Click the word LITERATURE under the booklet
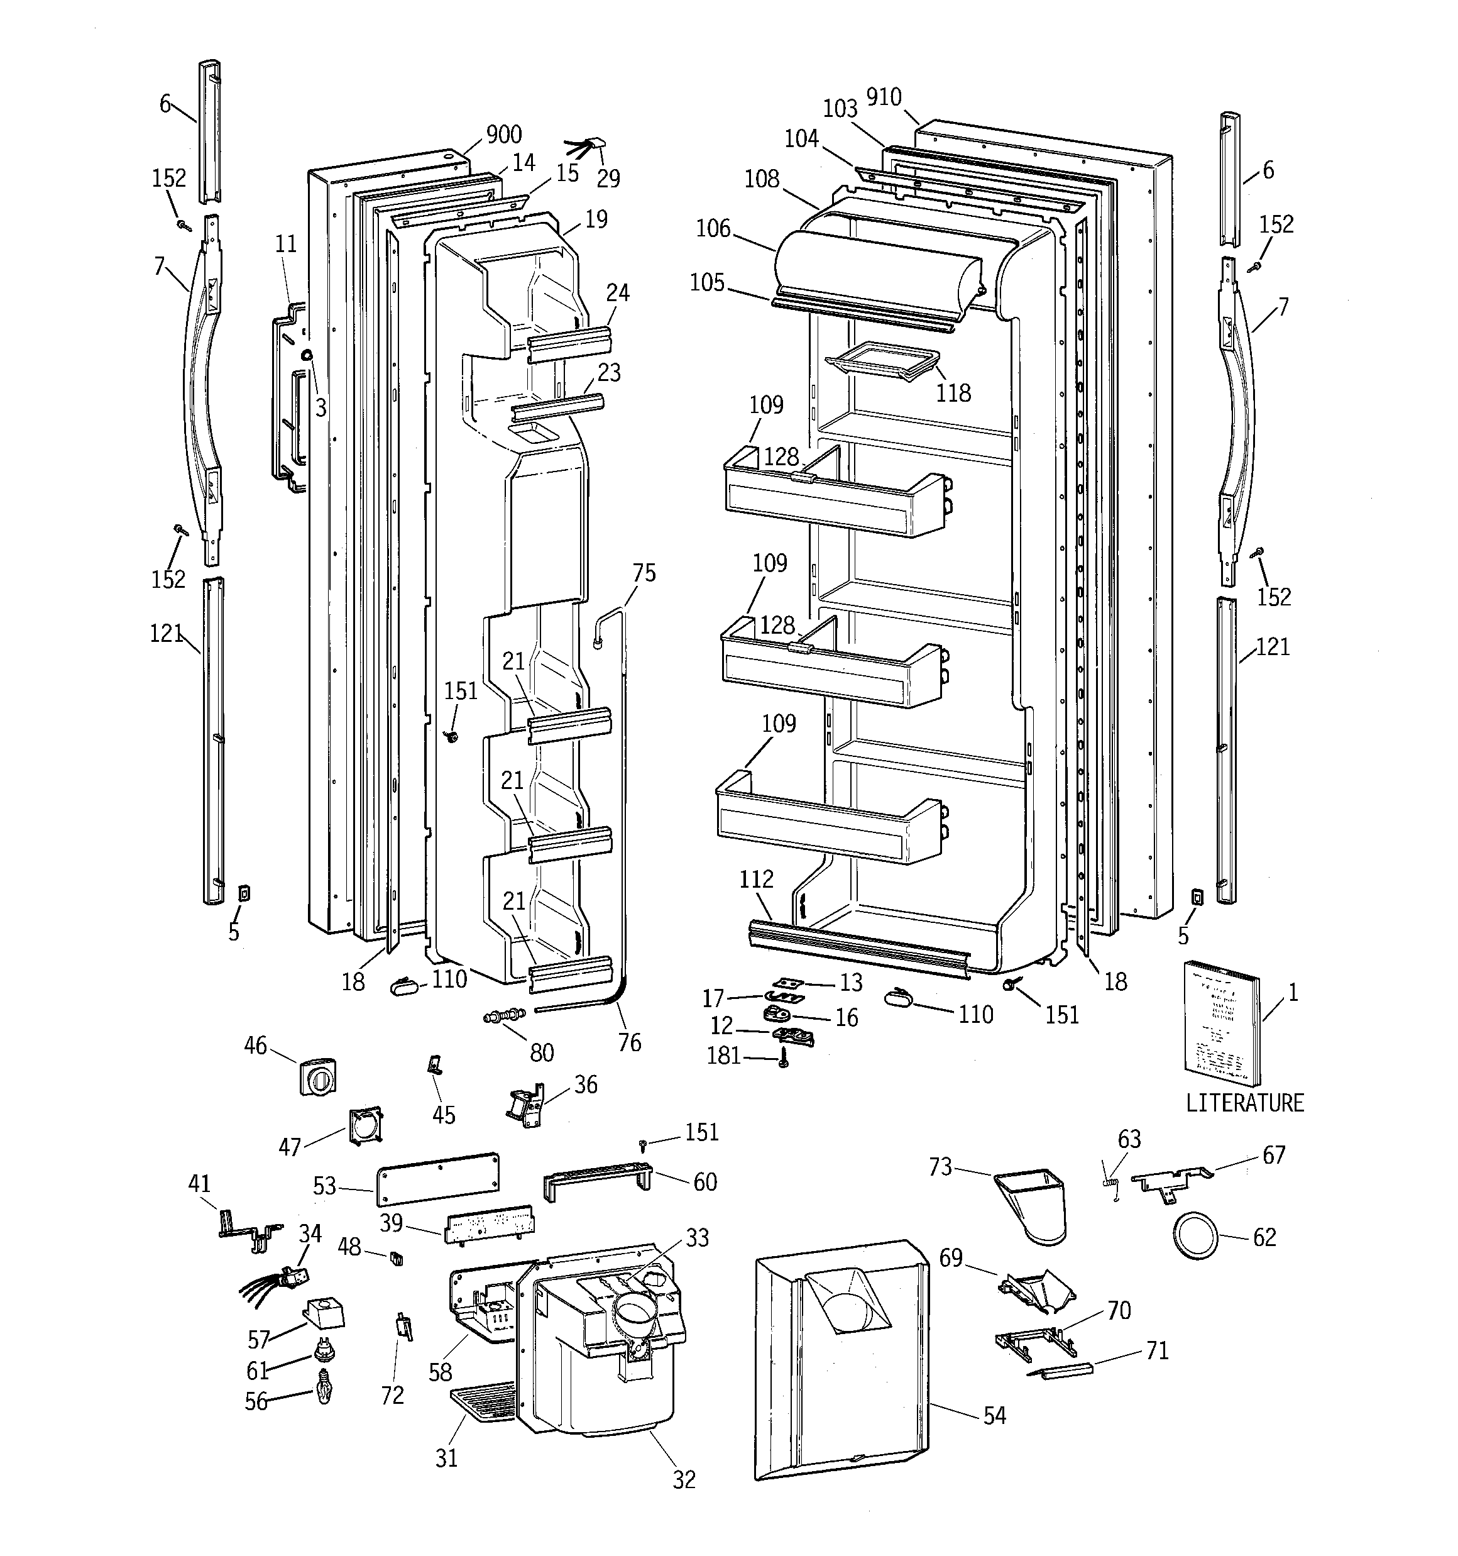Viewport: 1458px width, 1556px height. pos(1244,1103)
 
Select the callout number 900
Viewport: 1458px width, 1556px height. pos(503,135)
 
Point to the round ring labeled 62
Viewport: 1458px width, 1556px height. pos(1195,1237)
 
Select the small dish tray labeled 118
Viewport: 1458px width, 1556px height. pos(882,362)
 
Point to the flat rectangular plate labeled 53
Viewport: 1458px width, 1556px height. pos(438,1178)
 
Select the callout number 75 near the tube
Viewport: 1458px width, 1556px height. pos(644,573)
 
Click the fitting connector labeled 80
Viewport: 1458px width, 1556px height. pos(504,1017)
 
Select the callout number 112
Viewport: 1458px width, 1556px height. pos(756,879)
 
